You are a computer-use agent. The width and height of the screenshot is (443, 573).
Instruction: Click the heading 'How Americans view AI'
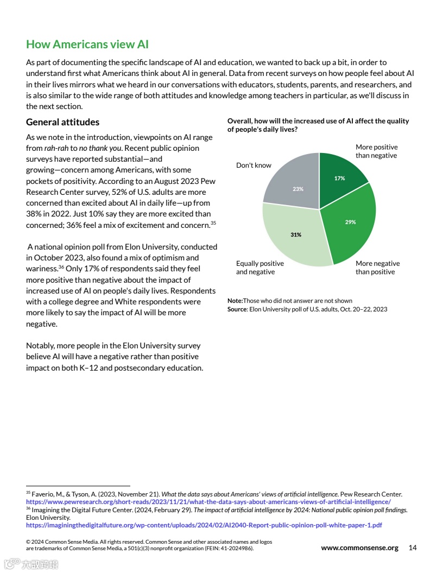[x=87, y=44]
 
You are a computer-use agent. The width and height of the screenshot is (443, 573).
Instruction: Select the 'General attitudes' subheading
[x=62, y=122]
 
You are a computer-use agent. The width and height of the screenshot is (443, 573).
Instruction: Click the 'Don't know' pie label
[x=254, y=165]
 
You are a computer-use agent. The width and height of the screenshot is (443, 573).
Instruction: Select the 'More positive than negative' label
[x=376, y=151]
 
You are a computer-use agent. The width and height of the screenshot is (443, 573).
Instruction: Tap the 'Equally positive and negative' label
[x=260, y=268]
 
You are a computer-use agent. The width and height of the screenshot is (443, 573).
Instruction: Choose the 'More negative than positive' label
[x=377, y=268]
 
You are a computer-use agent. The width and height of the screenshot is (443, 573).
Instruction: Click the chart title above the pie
[x=318, y=125]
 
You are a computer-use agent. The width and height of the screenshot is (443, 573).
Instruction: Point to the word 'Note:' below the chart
[x=235, y=301]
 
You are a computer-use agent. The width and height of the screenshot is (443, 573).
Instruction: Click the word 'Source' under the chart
[x=236, y=309]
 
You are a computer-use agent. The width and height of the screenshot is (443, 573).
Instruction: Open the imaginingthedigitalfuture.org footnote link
[x=204, y=525]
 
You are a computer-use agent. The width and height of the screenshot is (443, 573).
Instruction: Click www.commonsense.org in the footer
[x=359, y=547]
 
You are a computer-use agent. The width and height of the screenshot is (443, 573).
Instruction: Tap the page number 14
[x=413, y=547]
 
